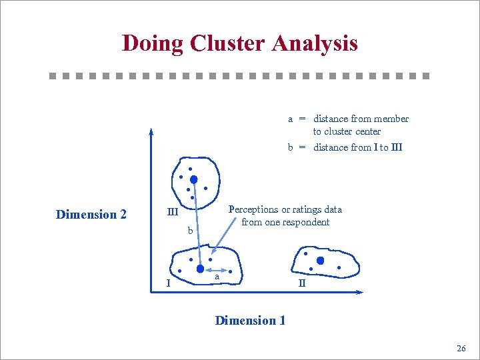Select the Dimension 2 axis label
91,215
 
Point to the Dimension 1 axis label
250,321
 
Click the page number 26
461,349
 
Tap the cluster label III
172,213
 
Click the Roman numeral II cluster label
301,283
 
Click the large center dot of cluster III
193,179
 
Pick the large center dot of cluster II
320,261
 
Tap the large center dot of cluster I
200,269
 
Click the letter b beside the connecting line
190,232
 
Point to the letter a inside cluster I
217,275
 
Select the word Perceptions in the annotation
253,209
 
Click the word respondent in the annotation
307,222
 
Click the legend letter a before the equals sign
291,119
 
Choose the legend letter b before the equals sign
291,147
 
